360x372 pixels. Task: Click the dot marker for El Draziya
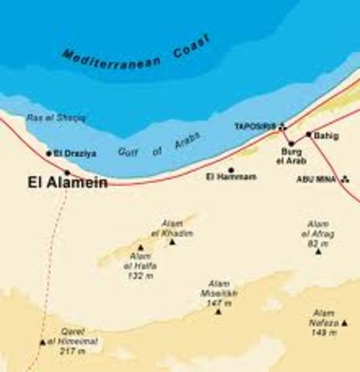click(x=49, y=154)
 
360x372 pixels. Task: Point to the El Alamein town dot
click(x=67, y=172)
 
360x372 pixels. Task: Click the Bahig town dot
click(x=308, y=134)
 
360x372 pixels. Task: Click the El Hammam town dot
click(x=231, y=170)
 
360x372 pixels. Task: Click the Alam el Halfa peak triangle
click(x=140, y=248)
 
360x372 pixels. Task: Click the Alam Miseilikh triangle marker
click(x=218, y=312)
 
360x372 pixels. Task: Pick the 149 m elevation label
click(x=323, y=332)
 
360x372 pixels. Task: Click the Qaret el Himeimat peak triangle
click(x=43, y=342)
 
